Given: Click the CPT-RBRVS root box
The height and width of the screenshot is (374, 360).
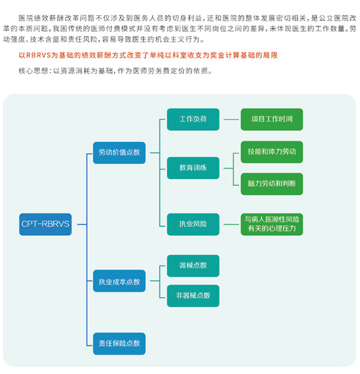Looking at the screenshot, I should point(45,224).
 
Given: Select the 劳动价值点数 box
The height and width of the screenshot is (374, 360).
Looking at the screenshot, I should point(119,153).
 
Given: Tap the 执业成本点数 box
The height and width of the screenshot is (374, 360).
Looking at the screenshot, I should point(119,281).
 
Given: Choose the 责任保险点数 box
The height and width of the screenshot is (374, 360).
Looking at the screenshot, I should point(119,343).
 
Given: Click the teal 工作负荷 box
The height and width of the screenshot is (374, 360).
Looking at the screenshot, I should point(193,119).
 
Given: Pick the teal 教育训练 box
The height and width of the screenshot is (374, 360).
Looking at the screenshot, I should point(193,167).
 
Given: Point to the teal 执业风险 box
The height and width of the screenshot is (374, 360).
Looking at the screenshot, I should point(193,224).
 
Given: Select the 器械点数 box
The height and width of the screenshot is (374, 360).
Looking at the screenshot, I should point(193,266).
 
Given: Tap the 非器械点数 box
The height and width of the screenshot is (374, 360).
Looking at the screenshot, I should point(193,295).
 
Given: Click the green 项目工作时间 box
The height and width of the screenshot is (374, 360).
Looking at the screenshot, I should point(272,119).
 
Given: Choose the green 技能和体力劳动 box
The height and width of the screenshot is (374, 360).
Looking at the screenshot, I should point(272,152).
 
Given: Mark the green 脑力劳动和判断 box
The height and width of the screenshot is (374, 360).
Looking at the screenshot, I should point(272,183).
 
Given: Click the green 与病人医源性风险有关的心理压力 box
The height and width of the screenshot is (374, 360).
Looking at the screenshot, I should point(272,224).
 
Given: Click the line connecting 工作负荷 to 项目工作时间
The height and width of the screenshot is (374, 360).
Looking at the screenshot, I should point(230,119).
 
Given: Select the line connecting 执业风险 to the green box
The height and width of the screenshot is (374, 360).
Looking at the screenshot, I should point(230,224).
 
